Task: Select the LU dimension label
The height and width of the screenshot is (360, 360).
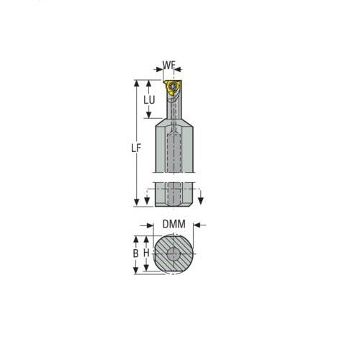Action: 148,102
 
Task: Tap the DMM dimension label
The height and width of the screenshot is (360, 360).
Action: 174,225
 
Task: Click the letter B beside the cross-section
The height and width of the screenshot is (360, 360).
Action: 135,253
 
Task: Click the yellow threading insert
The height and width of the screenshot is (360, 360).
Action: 170,88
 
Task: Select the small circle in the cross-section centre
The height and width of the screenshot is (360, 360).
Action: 174,254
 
